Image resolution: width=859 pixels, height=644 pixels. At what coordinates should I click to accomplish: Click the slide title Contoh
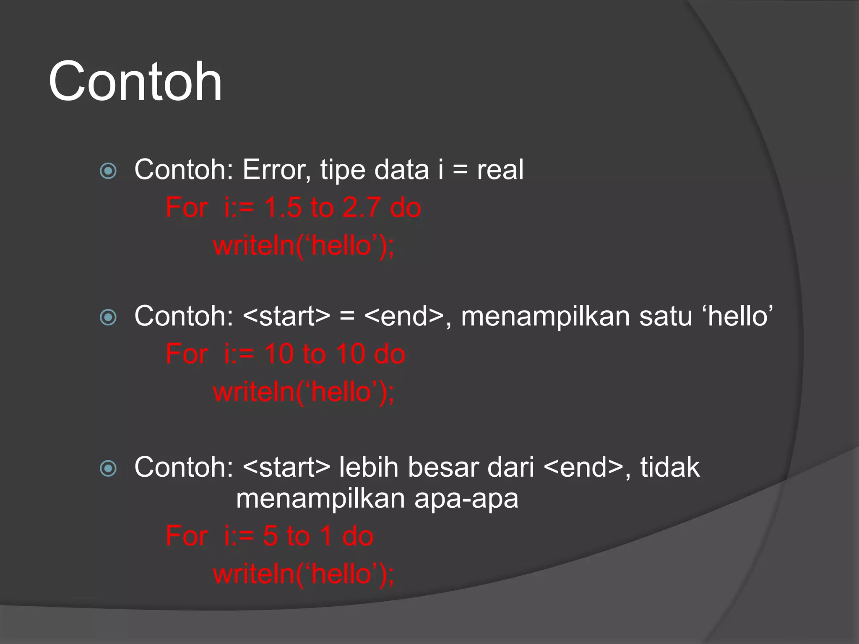[x=135, y=81]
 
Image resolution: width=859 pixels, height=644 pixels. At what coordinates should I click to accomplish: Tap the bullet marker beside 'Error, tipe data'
[x=108, y=171]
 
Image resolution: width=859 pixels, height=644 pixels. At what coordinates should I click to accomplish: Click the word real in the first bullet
[x=500, y=170]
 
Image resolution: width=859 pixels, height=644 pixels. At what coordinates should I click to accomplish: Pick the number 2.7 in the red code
[x=361, y=208]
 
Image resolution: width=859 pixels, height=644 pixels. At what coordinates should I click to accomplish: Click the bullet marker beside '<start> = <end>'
[x=108, y=317]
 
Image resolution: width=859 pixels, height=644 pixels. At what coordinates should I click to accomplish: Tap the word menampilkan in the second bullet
[x=545, y=316]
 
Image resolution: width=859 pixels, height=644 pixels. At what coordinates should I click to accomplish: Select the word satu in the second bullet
[x=665, y=316]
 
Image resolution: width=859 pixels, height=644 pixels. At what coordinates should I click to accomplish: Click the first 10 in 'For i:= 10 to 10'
[x=279, y=354]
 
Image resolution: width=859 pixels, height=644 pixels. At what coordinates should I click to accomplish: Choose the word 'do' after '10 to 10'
[x=390, y=354]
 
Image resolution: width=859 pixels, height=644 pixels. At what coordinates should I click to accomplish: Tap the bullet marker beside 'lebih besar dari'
[x=108, y=468]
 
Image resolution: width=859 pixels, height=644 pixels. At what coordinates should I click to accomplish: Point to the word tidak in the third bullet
[x=670, y=467]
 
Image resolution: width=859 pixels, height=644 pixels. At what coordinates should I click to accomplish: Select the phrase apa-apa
[x=466, y=499]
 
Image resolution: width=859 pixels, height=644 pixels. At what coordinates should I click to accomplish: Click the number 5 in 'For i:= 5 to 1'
[x=271, y=536]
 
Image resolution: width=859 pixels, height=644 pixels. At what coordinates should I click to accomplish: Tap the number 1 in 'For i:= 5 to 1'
[x=326, y=536]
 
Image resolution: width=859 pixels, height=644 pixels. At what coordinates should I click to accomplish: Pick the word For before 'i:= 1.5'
[x=187, y=208]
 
